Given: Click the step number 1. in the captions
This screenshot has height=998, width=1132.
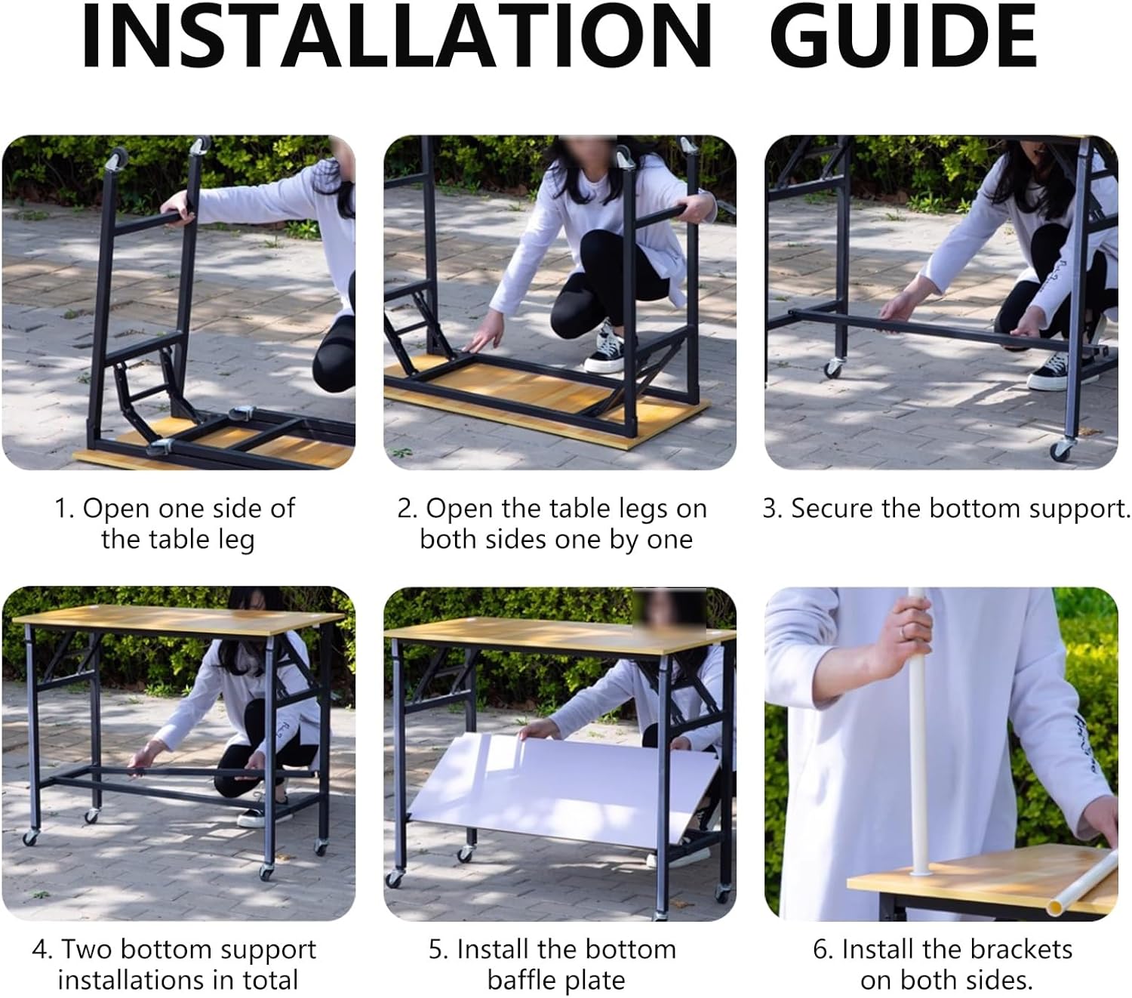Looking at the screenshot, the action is [64, 509].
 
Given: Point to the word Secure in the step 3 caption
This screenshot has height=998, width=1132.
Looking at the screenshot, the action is [829, 509].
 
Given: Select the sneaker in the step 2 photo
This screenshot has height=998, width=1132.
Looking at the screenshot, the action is [604, 350].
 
